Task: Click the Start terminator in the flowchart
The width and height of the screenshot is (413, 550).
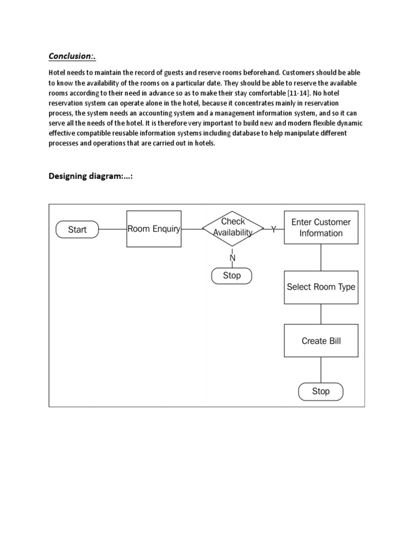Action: coord(77,229)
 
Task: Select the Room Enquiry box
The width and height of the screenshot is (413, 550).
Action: coord(154,229)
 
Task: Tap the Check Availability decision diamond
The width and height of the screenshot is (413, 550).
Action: coord(232,228)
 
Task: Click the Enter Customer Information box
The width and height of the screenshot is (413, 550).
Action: coord(321,228)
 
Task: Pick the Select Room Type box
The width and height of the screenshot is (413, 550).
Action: coord(321,287)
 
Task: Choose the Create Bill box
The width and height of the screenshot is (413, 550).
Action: coord(321,341)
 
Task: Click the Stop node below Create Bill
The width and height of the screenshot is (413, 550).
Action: coord(321,392)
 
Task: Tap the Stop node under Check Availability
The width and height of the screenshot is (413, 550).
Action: coord(232,276)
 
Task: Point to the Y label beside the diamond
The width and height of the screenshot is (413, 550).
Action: coord(274,229)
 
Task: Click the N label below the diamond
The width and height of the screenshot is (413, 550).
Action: coord(232,258)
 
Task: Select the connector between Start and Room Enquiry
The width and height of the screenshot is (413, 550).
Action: coord(113,229)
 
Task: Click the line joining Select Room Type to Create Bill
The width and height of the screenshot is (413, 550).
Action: coord(321,314)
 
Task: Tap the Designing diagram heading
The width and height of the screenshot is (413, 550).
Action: coord(90,176)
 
